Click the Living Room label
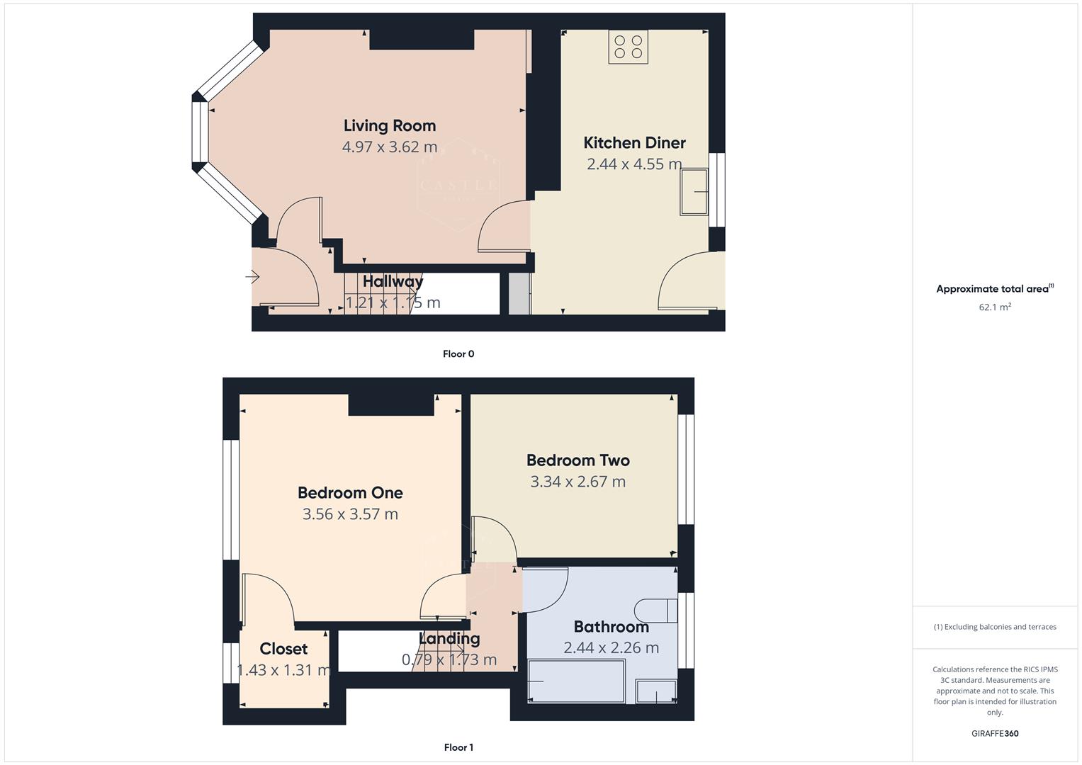(x=389, y=126)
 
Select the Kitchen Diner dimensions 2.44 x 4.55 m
(x=634, y=164)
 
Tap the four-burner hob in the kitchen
(x=629, y=47)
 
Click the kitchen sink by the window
(x=694, y=191)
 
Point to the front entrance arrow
(x=252, y=277)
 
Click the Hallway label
(x=393, y=282)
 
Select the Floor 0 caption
(x=458, y=354)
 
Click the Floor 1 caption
(x=458, y=747)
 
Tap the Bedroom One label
(x=350, y=493)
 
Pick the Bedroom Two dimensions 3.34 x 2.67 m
(x=577, y=482)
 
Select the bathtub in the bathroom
(x=577, y=681)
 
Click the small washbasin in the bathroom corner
(x=656, y=691)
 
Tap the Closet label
(x=283, y=649)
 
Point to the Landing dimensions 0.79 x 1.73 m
(x=449, y=660)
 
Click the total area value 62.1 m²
(x=995, y=307)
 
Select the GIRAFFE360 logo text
(x=995, y=734)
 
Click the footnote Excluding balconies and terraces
(x=995, y=627)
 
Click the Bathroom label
(x=611, y=627)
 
